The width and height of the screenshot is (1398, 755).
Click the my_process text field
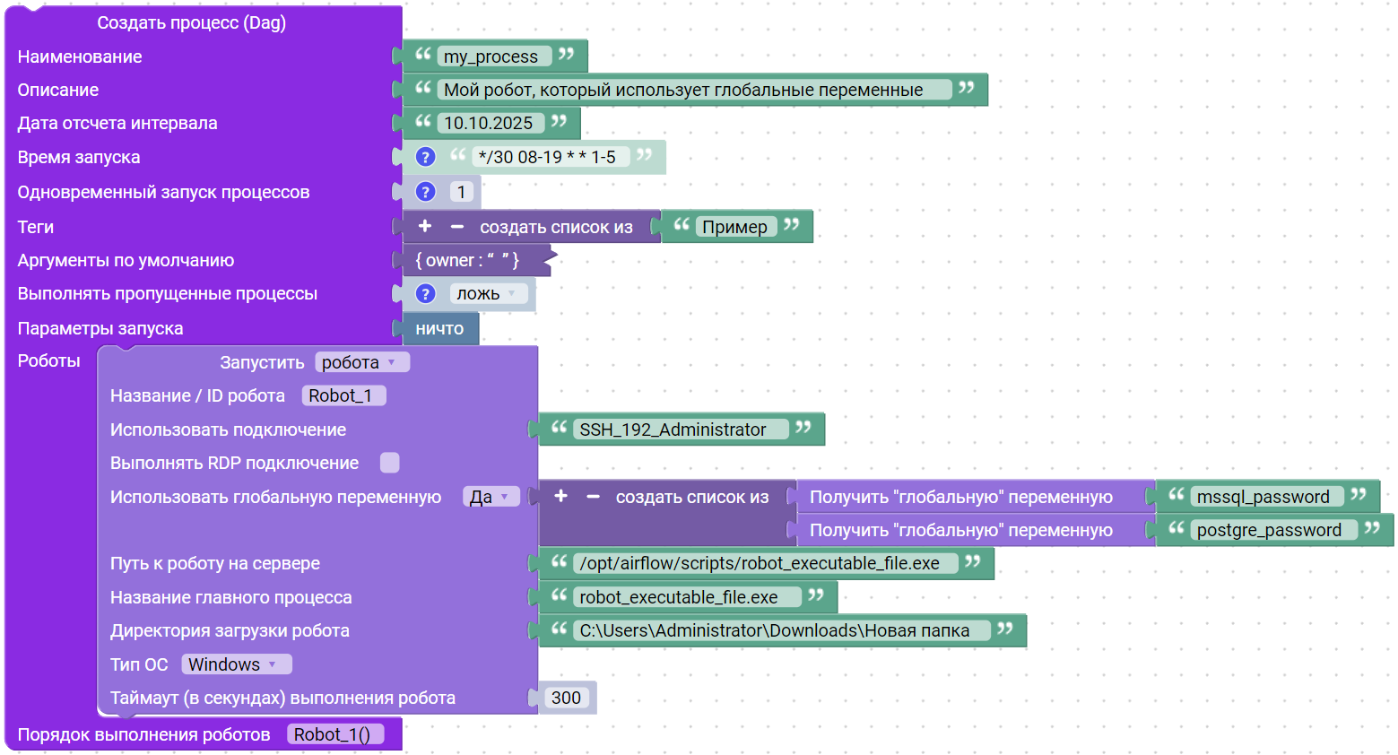[491, 56]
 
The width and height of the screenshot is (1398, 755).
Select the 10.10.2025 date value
[489, 123]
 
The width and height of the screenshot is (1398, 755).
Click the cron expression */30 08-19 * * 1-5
[547, 157]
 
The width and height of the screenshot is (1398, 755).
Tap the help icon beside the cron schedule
[425, 157]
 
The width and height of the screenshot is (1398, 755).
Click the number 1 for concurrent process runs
[461, 192]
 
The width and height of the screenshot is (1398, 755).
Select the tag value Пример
[734, 227]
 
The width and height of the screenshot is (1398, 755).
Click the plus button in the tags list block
[425, 227]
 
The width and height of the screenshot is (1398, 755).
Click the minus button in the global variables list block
[593, 497]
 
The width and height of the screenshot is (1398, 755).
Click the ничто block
[439, 328]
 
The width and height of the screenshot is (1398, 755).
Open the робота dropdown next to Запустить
[361, 362]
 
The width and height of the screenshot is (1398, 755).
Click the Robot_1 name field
[342, 395]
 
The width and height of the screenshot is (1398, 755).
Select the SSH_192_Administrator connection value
[673, 430]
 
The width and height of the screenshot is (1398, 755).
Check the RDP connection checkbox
[389, 463]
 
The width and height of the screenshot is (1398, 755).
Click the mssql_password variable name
[1263, 497]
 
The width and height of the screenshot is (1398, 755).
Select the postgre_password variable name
[1269, 530]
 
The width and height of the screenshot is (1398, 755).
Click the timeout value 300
[566, 698]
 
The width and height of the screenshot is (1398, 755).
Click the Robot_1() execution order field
[333, 734]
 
